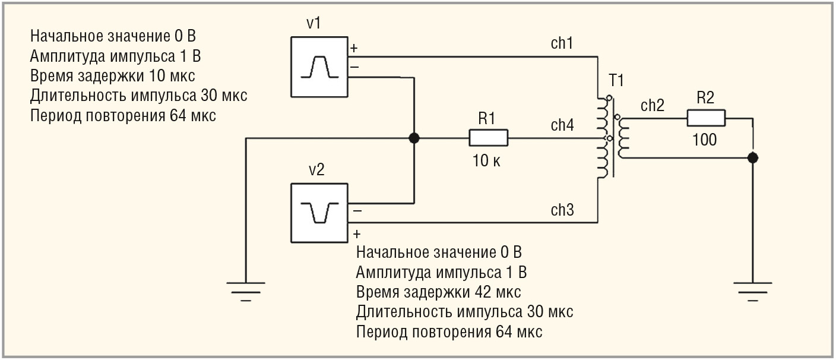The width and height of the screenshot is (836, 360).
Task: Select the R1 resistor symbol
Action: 488,138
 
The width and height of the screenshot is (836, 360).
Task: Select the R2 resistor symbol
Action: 706,118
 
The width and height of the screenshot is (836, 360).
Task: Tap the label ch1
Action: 562,44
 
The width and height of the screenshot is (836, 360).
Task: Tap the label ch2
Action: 652,106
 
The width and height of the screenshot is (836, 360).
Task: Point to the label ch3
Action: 562,210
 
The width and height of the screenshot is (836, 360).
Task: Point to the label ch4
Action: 562,125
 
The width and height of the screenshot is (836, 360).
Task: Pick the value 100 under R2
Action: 705,140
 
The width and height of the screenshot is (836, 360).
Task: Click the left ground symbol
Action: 246,290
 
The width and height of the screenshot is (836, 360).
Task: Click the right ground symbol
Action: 752,290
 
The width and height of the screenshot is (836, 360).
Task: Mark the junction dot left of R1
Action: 414,138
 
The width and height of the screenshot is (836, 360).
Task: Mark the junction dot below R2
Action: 752,158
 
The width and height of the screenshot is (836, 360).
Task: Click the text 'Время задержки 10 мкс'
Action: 112,76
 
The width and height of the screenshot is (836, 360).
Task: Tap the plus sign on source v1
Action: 354,48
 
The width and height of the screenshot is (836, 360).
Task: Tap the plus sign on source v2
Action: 355,233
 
